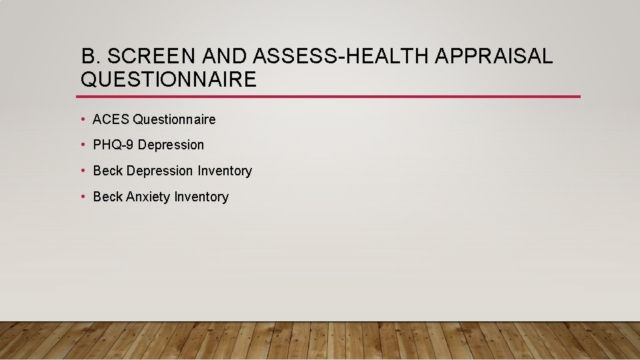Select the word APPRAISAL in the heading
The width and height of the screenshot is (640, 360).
point(494,56)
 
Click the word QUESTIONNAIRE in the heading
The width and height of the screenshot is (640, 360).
point(168,80)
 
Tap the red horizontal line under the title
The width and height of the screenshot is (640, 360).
point(330,97)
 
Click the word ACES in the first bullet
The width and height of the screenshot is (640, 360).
point(111,119)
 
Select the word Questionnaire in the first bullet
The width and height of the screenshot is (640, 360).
point(175,119)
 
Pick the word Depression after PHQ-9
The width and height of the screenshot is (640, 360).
point(171,145)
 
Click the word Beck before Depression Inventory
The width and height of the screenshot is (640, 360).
point(108,171)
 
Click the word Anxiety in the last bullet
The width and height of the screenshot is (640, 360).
point(148,197)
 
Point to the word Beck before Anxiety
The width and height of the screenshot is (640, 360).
point(108,197)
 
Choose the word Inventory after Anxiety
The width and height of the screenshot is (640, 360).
point(201,197)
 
